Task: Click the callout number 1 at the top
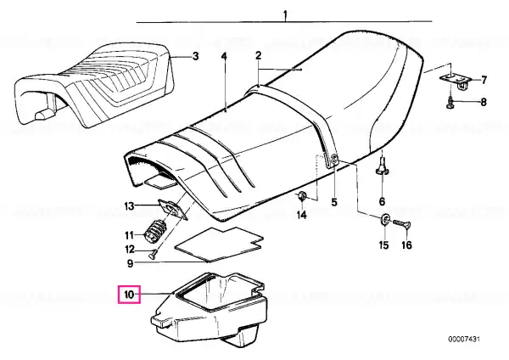(285, 15)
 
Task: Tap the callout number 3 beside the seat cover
(195, 57)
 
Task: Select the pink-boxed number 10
(129, 295)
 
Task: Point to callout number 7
(484, 80)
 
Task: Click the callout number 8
(484, 102)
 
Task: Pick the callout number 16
(406, 245)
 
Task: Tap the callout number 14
(301, 215)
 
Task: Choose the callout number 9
(130, 263)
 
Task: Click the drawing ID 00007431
(464, 340)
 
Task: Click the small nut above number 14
(301, 196)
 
